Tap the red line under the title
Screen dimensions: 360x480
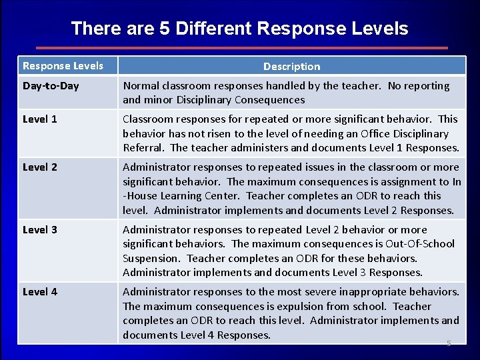[241, 48]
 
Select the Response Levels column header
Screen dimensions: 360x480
[63, 65]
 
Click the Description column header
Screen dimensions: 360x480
[291, 66]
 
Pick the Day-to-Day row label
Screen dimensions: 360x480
[51, 86]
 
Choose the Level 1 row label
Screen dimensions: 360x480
[40, 119]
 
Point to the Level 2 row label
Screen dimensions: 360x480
[40, 167]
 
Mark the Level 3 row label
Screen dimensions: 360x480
[40, 230]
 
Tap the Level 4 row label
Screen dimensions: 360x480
[40, 292]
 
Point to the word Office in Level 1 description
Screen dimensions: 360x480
[377, 133]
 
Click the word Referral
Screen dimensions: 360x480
[143, 148]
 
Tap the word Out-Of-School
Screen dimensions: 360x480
[419, 244]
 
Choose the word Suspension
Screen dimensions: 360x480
[151, 258]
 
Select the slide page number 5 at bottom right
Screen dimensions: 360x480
[449, 343]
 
